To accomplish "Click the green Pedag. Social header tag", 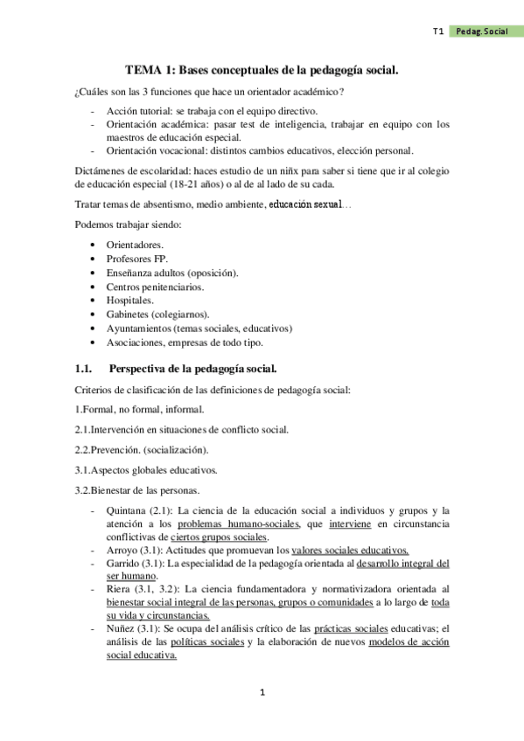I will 483,31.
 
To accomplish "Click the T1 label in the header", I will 438,31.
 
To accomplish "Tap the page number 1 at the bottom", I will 262,693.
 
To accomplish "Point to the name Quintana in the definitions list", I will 126,510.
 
